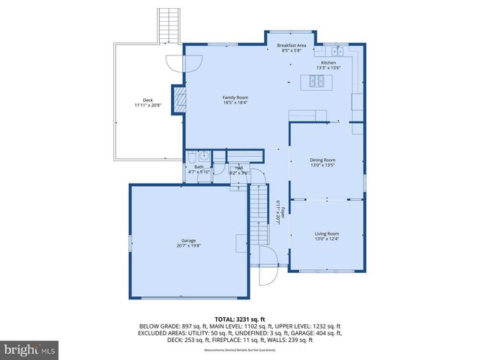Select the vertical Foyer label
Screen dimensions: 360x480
click(x=276, y=213)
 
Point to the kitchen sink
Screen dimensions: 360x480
click(x=329, y=50)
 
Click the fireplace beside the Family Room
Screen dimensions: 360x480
click(x=178, y=100)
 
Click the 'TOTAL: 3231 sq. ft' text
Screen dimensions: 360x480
click(x=239, y=318)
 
